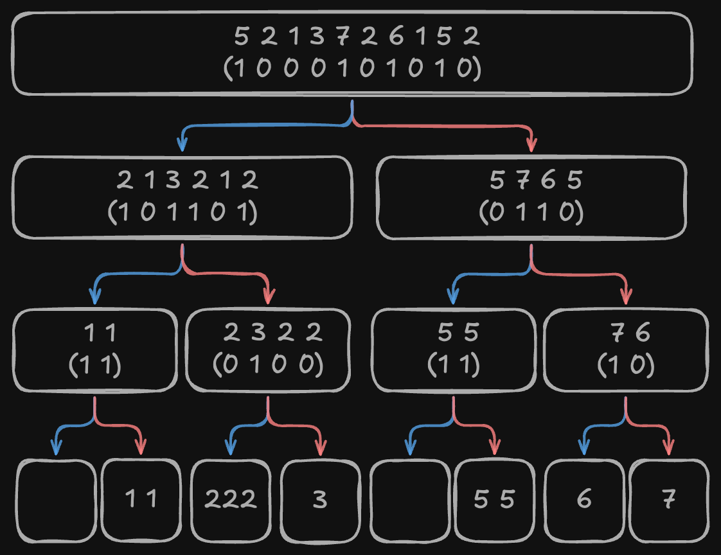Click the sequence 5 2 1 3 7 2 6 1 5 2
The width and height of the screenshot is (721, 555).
(357, 37)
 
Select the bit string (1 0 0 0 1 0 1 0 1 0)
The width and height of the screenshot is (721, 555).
(352, 69)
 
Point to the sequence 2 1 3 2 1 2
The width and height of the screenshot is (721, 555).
(187, 181)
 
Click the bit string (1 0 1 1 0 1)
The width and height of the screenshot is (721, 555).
(183, 212)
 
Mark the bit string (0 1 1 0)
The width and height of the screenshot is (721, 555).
(531, 212)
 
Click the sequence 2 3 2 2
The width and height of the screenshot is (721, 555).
(273, 333)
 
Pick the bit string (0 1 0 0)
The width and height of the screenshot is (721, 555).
(268, 364)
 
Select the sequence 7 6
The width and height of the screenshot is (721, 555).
(630, 333)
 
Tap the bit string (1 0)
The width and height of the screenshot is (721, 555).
(626, 364)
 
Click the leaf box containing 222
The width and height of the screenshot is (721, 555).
(231, 499)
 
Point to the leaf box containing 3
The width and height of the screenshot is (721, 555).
(319, 499)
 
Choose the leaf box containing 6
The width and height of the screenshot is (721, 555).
(584, 499)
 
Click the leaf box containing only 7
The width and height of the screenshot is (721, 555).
(668, 499)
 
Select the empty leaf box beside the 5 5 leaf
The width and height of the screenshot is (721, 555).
(409, 499)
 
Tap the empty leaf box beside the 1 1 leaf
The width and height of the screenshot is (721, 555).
(56, 499)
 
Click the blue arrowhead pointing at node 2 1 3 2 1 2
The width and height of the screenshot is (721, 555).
(182, 145)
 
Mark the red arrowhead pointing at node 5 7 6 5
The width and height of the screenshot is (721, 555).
(531, 145)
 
